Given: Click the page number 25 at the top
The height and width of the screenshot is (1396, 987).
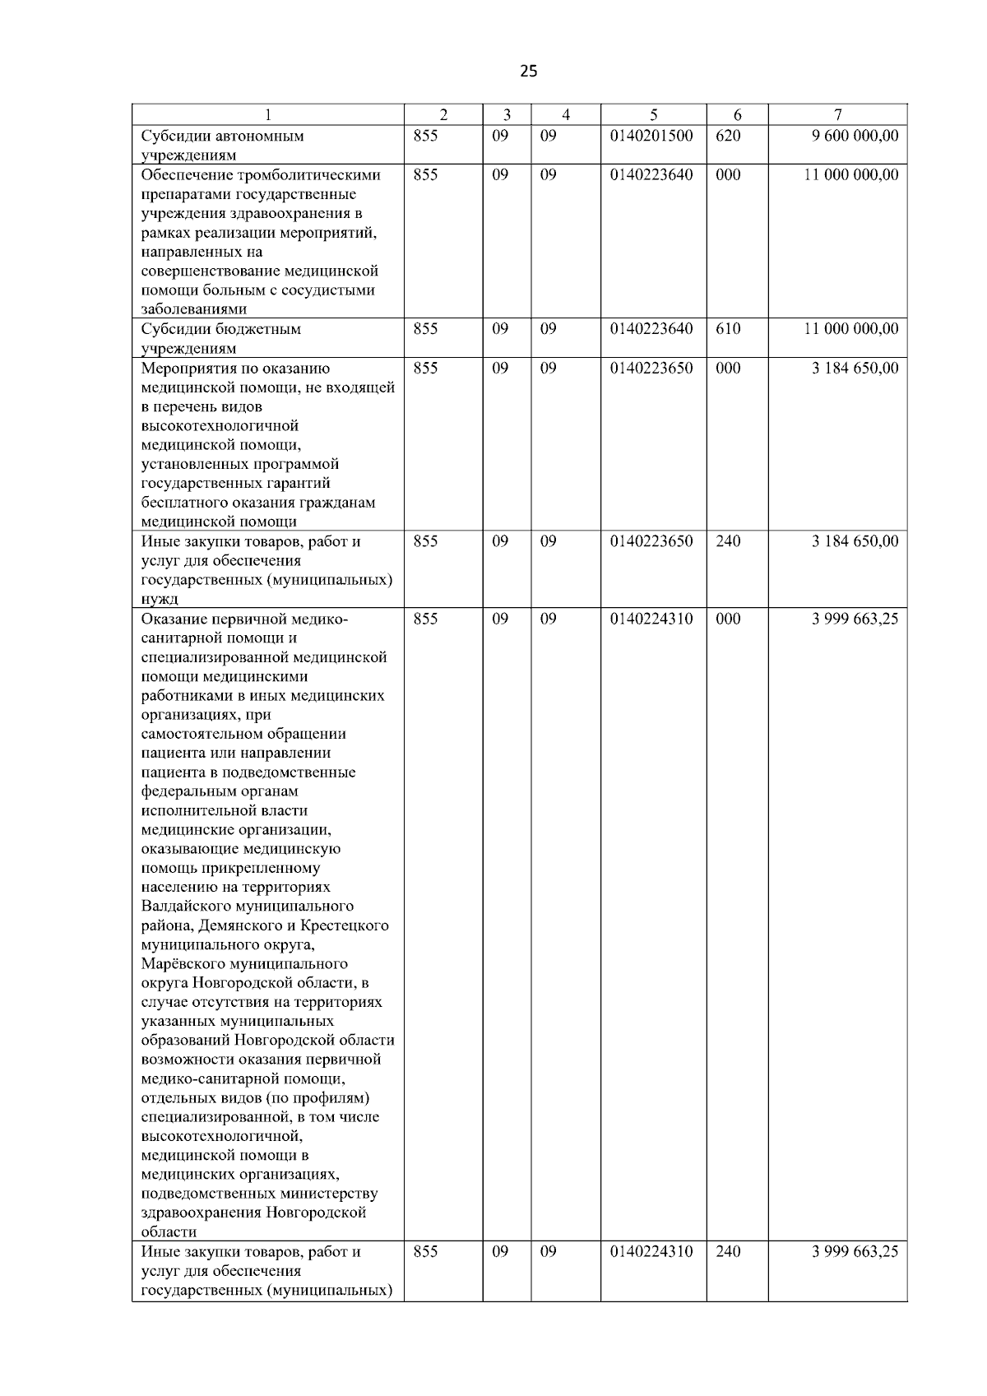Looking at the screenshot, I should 529,72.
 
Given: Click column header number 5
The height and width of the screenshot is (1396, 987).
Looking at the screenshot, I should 653,115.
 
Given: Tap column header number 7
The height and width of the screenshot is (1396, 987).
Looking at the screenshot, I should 837,115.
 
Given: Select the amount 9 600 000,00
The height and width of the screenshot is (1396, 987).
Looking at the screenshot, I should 855,136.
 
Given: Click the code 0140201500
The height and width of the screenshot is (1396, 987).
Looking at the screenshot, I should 651,136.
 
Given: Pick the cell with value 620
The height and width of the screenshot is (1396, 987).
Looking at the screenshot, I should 728,136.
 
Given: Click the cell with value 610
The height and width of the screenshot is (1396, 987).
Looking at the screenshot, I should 728,329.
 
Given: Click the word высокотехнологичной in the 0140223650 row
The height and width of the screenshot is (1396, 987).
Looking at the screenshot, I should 220,426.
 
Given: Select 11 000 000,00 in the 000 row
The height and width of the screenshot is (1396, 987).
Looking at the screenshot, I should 851,175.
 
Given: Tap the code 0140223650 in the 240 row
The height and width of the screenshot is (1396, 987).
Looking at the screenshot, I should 651,541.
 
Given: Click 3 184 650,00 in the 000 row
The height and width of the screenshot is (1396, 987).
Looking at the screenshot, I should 855,369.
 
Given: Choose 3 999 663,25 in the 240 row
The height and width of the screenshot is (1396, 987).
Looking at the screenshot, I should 855,1252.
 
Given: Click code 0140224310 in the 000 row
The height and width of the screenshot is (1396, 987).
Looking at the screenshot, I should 651,619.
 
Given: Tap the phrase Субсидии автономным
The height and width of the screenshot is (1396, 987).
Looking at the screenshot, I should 222,137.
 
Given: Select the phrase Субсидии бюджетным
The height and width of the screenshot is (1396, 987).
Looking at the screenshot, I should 220,329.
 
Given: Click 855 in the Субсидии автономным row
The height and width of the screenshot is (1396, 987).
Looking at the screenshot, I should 425,136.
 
